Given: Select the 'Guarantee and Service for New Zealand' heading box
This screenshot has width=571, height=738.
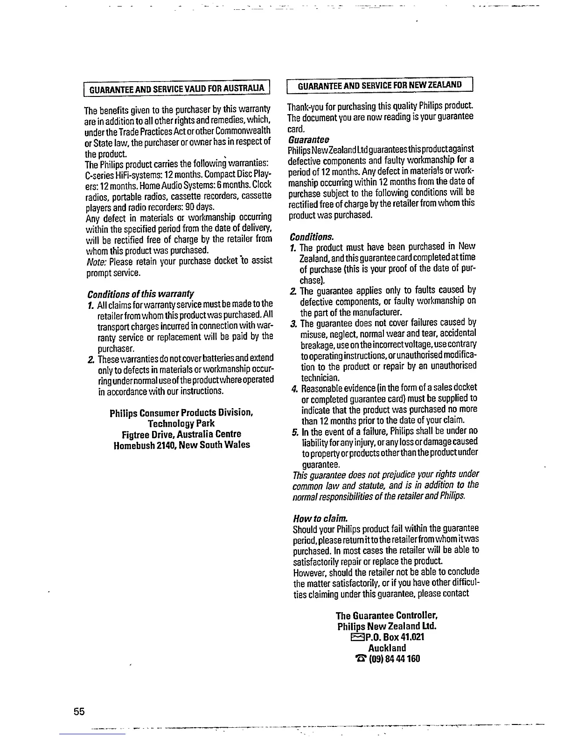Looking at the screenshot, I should (380, 85).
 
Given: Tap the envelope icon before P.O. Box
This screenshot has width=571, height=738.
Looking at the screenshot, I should (357, 637).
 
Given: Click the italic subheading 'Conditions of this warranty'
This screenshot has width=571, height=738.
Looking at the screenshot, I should (140, 294).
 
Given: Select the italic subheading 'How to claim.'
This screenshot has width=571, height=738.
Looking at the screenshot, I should (320, 518).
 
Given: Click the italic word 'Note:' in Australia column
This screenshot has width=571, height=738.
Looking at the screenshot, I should (96, 261).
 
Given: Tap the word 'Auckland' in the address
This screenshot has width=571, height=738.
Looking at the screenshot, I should (387, 648).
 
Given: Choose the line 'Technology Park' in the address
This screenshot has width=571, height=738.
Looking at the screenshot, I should (181, 424).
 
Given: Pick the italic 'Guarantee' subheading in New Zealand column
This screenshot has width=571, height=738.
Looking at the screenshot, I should (309, 140).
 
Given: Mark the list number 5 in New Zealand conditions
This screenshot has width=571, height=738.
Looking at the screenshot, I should (295, 431).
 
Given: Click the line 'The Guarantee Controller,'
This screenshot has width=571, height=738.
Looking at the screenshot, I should (387, 615).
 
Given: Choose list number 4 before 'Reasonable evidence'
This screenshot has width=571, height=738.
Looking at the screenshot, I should (294, 388).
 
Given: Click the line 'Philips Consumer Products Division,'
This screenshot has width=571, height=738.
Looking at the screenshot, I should (181, 413).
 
